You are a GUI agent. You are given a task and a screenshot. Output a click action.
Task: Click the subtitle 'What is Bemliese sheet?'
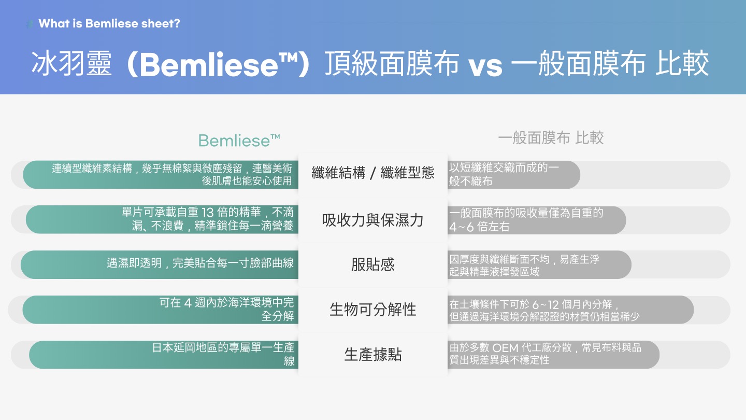tap(109, 23)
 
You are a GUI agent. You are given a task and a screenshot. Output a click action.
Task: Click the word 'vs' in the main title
tap(485, 65)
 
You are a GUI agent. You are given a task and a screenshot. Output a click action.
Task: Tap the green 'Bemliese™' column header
tap(239, 141)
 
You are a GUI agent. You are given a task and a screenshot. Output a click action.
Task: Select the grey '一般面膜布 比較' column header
tap(551, 138)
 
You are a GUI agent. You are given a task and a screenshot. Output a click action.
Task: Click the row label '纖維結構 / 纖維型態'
tap(372, 173)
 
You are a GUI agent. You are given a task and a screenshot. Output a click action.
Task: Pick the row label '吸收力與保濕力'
tap(372, 220)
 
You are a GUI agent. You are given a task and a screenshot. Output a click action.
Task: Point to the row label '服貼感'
tap(372, 264)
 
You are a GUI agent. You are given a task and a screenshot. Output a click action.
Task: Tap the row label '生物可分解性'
tap(372, 310)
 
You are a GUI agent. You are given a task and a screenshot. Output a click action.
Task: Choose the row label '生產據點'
tap(372, 354)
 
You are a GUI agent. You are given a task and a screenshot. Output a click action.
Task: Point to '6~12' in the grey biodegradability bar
tap(545, 305)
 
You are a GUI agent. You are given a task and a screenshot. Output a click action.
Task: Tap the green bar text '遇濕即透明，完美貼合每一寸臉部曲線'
tap(200, 263)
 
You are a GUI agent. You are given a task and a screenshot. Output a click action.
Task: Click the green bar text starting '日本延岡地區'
tap(223, 354)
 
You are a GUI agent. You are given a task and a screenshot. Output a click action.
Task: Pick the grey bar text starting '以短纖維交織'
tap(504, 174)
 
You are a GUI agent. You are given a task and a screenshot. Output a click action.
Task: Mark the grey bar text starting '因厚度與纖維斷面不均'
tap(524, 265)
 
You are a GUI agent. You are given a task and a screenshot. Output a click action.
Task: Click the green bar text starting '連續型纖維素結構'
tap(172, 174)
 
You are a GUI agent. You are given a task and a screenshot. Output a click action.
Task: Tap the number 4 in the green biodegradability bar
tap(188, 303)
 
